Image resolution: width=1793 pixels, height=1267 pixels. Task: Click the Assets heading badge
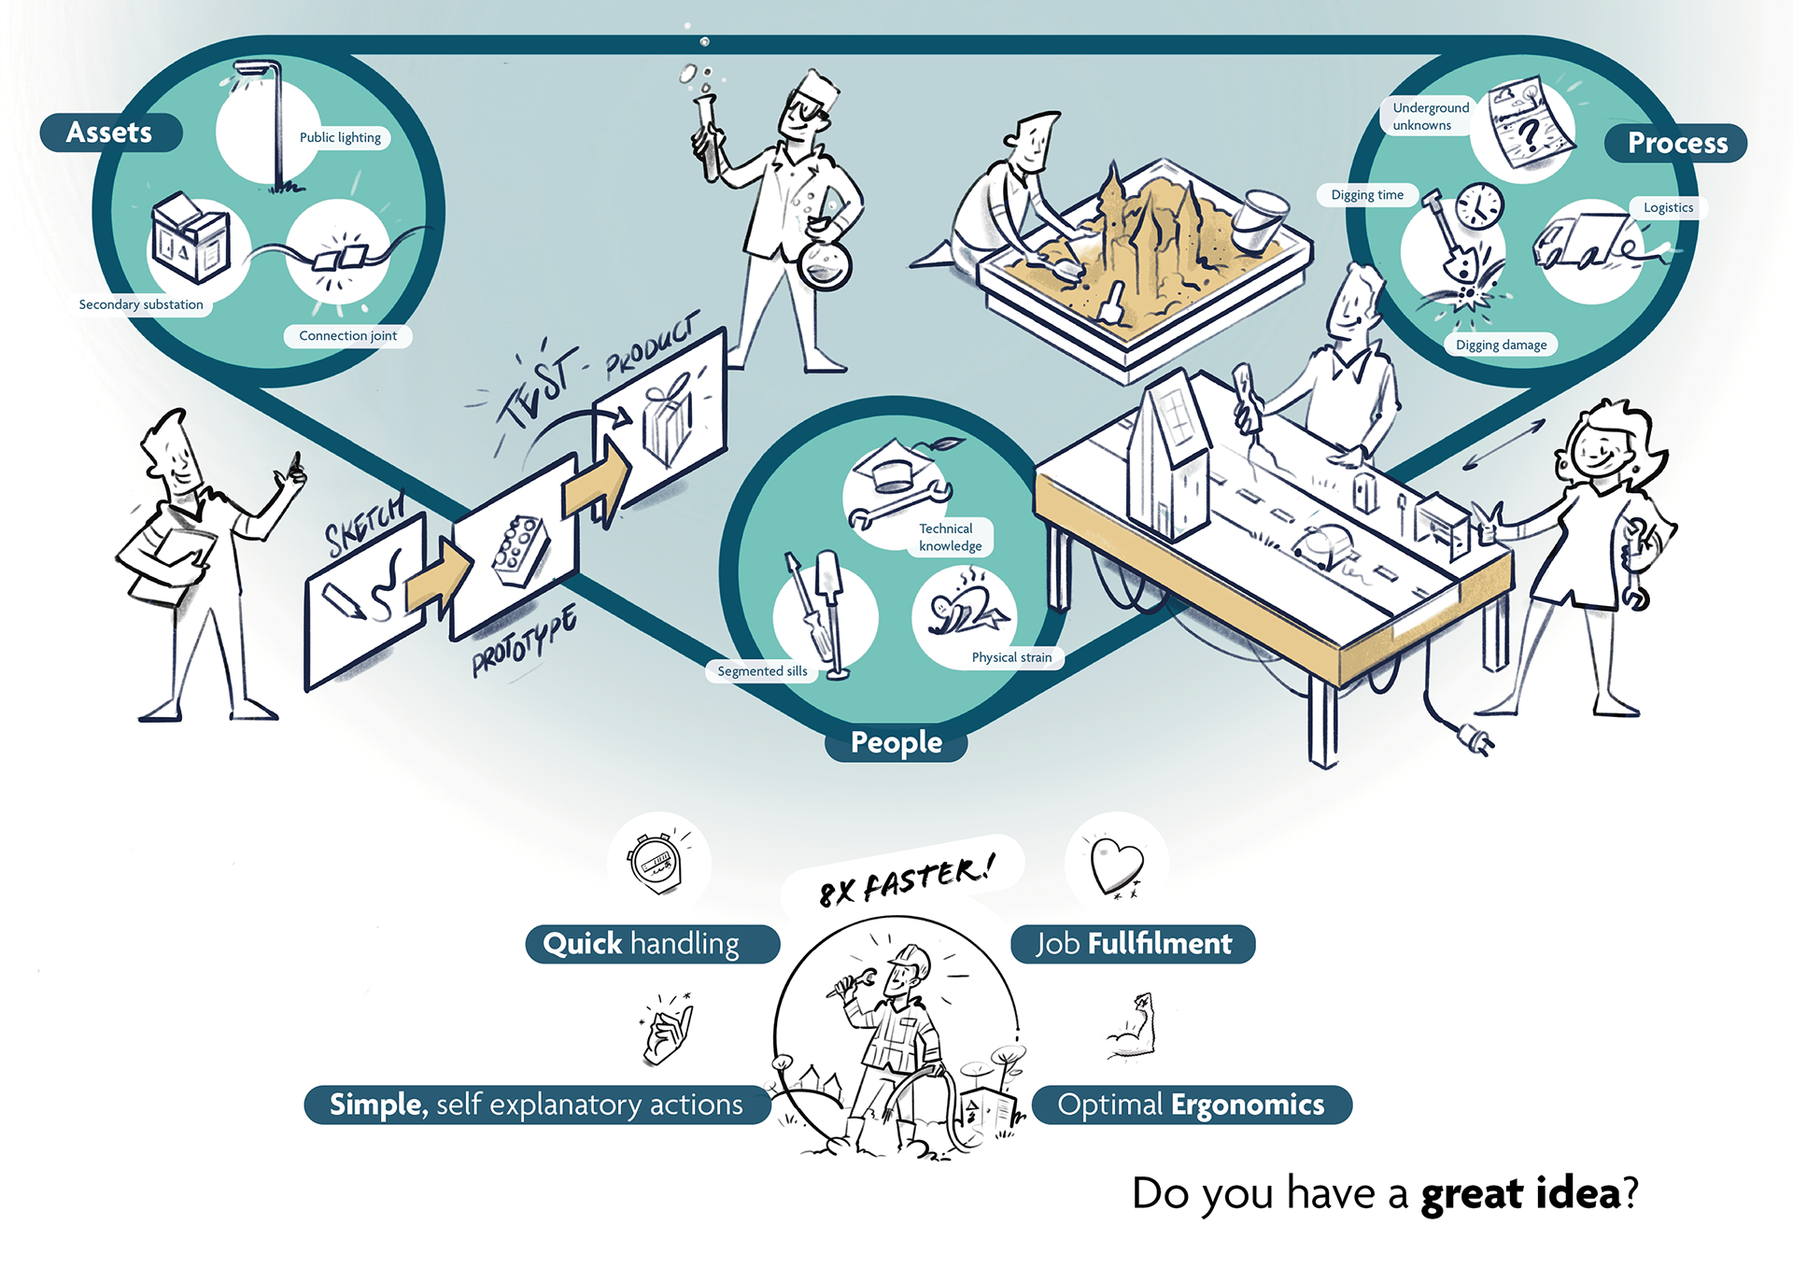(x=109, y=133)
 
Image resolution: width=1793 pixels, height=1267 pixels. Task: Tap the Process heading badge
(x=1676, y=143)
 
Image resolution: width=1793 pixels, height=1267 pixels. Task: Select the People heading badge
(x=896, y=743)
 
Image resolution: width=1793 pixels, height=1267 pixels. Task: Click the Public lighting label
(x=340, y=137)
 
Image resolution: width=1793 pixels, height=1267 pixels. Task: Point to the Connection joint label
(x=347, y=336)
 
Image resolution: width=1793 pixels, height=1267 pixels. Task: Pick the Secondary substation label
(x=141, y=304)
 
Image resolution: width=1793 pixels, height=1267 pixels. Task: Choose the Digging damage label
(x=1501, y=345)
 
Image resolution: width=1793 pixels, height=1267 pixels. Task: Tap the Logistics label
(x=1668, y=207)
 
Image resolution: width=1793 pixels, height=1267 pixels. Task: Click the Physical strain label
(x=1011, y=657)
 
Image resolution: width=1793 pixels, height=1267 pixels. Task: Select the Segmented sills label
(x=762, y=671)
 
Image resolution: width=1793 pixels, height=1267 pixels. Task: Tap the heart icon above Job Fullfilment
(x=1117, y=865)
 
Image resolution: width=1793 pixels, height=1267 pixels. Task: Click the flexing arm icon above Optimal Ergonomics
(x=1134, y=1027)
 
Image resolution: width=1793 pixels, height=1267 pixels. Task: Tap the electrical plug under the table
(x=1477, y=739)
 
